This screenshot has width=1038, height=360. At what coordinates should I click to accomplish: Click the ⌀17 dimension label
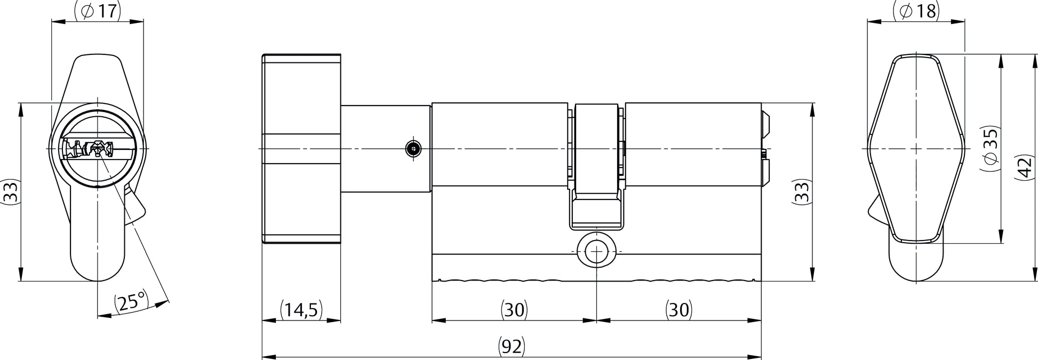tap(98, 10)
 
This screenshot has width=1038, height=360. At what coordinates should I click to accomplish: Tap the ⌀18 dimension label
tap(916, 10)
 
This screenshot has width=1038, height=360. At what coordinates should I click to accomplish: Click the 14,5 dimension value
tap(301, 310)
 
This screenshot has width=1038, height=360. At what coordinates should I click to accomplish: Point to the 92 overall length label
tap(512, 347)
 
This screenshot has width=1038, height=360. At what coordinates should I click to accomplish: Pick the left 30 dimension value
tap(514, 310)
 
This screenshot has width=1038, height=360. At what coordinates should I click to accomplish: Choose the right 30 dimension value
tap(678, 310)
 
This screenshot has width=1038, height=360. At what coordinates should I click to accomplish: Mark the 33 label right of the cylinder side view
tap(802, 191)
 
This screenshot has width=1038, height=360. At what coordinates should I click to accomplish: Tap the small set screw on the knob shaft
tap(412, 149)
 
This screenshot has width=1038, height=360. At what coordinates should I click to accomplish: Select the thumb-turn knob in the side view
tap(301, 149)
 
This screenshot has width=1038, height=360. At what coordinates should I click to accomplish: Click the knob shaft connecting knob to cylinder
tap(386, 149)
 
